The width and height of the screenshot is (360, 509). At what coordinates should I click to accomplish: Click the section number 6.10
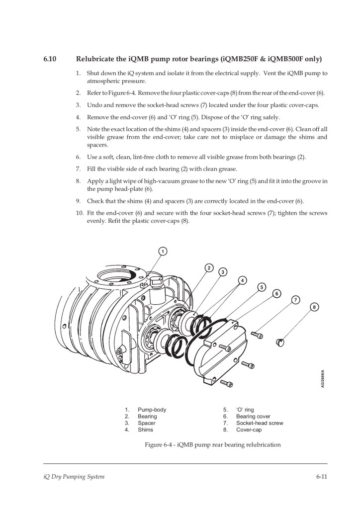tap(50, 59)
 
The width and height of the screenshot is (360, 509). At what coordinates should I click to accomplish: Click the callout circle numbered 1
tap(163, 251)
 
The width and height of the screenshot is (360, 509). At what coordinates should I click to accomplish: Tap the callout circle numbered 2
tap(209, 268)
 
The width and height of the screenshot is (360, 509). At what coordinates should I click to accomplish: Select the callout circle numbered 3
tap(223, 272)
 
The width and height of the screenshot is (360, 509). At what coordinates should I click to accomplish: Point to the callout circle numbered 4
tap(242, 280)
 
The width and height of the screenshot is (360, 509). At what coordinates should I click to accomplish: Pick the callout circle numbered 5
tap(262, 287)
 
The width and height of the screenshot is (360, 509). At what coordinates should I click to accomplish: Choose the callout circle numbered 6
tap(276, 293)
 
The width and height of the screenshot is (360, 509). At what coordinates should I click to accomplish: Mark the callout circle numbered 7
tap(295, 300)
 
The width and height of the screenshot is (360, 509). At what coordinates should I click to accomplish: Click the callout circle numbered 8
tap(314, 307)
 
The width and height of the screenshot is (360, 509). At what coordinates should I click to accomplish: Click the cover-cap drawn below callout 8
tap(280, 342)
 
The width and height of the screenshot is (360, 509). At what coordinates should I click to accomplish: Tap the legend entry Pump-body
tap(152, 410)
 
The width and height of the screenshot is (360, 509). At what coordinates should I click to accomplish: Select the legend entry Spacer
tap(146, 423)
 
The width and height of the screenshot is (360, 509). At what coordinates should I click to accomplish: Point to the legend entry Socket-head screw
tap(260, 423)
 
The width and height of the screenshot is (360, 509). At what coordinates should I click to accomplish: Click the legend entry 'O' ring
tap(245, 410)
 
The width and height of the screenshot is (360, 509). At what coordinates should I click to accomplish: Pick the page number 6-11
tap(322, 477)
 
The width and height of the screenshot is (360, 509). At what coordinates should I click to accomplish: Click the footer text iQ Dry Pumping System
tap(74, 477)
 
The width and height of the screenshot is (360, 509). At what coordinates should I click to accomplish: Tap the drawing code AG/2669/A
tap(322, 378)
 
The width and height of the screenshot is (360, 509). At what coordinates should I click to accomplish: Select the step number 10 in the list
tap(80, 213)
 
